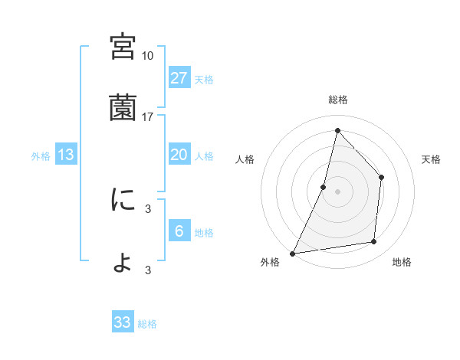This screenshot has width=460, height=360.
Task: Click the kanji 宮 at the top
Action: click(123, 46)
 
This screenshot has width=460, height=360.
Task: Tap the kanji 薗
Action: click(123, 108)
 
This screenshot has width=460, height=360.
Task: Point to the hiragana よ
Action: click(123, 263)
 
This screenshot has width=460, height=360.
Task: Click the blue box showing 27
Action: click(179, 77)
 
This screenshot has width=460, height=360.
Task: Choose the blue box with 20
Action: click(179, 155)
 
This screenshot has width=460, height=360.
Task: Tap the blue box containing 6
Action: click(179, 231)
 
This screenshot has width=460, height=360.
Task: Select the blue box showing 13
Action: click(66, 155)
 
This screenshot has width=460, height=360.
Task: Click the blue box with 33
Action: click(123, 322)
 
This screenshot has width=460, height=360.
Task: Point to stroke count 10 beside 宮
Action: click(147, 56)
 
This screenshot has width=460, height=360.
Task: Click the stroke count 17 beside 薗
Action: click(147, 117)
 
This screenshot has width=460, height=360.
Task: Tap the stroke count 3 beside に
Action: click(147, 208)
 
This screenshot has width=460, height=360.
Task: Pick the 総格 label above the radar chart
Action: click(337, 100)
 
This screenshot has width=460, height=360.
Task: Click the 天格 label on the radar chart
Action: click(431, 159)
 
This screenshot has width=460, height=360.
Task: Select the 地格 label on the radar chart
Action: click(402, 263)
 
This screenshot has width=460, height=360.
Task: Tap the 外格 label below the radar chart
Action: click(270, 263)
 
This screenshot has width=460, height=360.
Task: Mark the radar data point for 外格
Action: click(292, 253)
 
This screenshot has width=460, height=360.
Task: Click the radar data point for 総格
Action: click(337, 130)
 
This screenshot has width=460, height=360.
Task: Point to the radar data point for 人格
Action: click(324, 186)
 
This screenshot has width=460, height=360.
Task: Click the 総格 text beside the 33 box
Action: click(147, 324)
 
